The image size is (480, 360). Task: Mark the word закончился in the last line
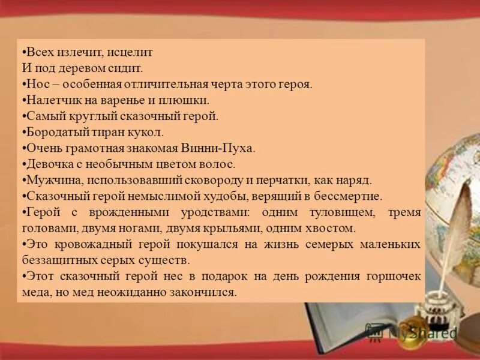coord(207,292)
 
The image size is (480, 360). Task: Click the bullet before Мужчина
coord(22,180)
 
